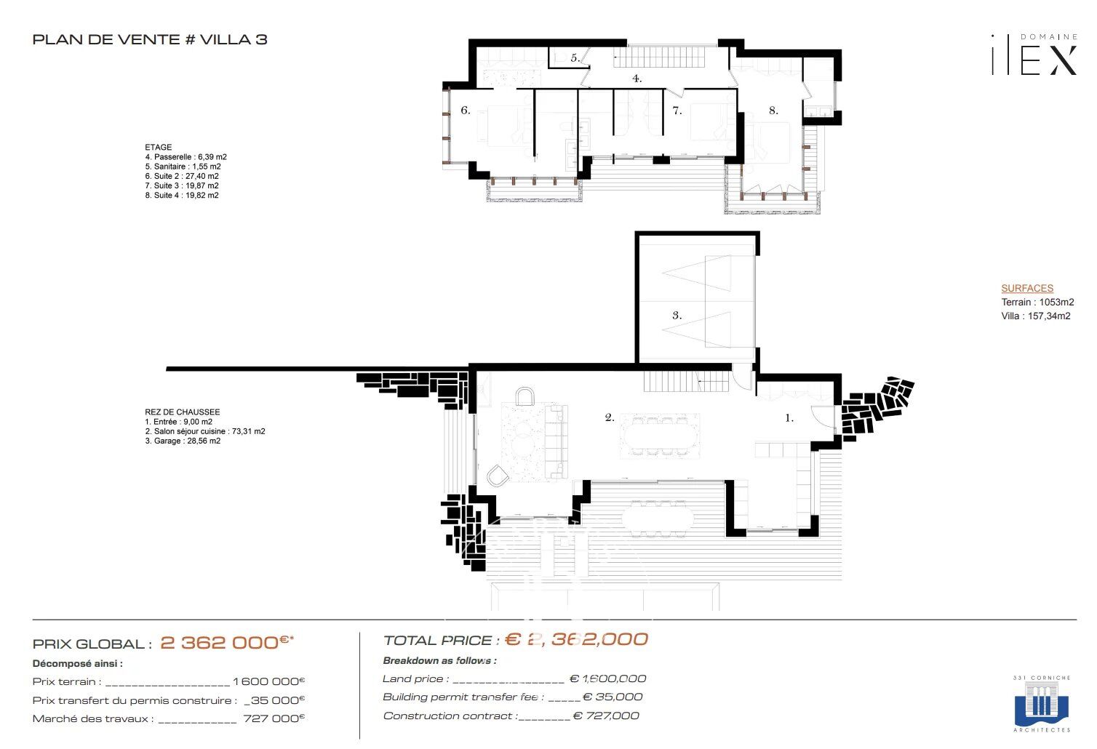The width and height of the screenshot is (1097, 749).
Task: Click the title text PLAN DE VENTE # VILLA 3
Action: [150, 39]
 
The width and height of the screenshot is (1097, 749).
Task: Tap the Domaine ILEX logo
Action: [1034, 56]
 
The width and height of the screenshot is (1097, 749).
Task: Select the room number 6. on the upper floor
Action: [466, 111]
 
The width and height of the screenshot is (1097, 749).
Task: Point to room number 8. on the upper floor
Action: [773, 111]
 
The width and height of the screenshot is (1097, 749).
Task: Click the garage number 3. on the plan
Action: [677, 316]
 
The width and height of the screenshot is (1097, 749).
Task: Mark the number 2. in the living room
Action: [610, 417]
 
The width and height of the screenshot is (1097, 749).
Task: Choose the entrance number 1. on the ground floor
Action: [789, 418]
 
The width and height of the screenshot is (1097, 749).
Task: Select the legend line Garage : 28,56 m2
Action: [183, 441]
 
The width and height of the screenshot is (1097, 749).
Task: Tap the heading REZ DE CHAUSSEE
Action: [183, 412]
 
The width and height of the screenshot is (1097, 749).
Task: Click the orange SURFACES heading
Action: [1026, 288]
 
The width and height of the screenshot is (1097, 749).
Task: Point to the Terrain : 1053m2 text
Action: [1037, 302]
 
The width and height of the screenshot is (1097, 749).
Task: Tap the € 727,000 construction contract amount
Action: [606, 716]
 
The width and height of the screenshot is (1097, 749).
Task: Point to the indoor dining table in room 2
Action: [659, 436]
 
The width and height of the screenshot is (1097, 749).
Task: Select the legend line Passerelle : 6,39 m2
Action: [186, 157]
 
